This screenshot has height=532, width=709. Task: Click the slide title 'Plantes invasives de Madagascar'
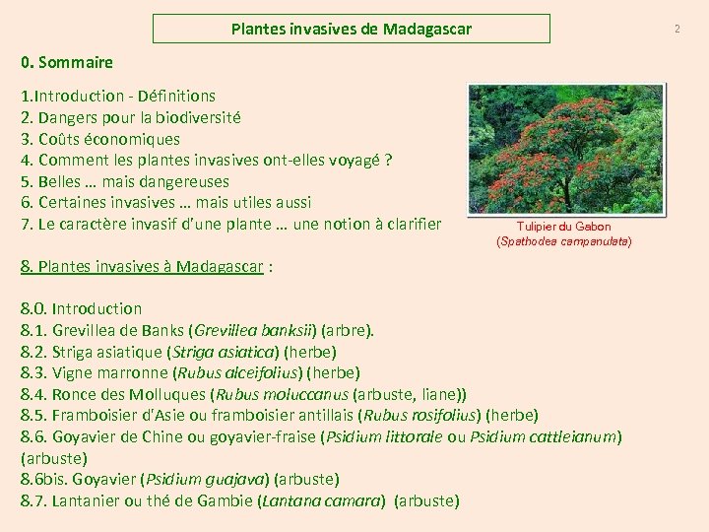(x=352, y=30)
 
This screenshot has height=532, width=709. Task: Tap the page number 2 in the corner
(x=677, y=30)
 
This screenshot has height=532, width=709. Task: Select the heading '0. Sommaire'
(x=67, y=63)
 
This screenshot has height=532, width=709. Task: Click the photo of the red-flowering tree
(x=565, y=148)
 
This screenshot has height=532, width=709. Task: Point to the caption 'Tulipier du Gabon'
(x=564, y=227)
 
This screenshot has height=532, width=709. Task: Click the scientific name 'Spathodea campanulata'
(x=564, y=240)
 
